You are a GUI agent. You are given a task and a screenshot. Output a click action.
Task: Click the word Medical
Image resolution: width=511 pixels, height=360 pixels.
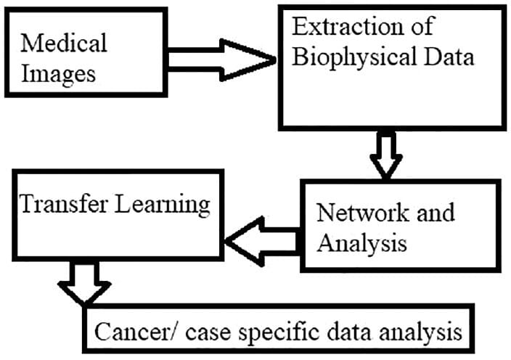click(64, 43)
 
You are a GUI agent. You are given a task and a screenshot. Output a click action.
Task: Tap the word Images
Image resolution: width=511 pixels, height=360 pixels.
click(57, 74)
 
